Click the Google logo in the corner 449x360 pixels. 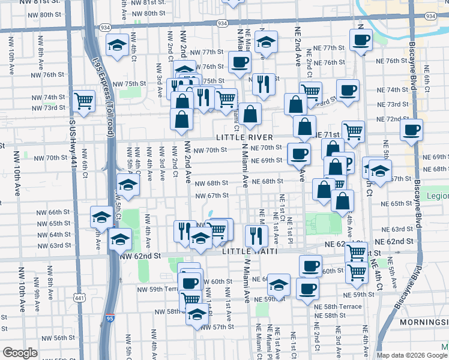coord(20,353)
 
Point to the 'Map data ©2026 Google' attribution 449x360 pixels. coord(412,355)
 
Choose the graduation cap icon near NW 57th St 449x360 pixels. coord(197,314)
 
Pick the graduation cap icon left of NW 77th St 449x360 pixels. coord(116,45)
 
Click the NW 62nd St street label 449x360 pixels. coord(141,256)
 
